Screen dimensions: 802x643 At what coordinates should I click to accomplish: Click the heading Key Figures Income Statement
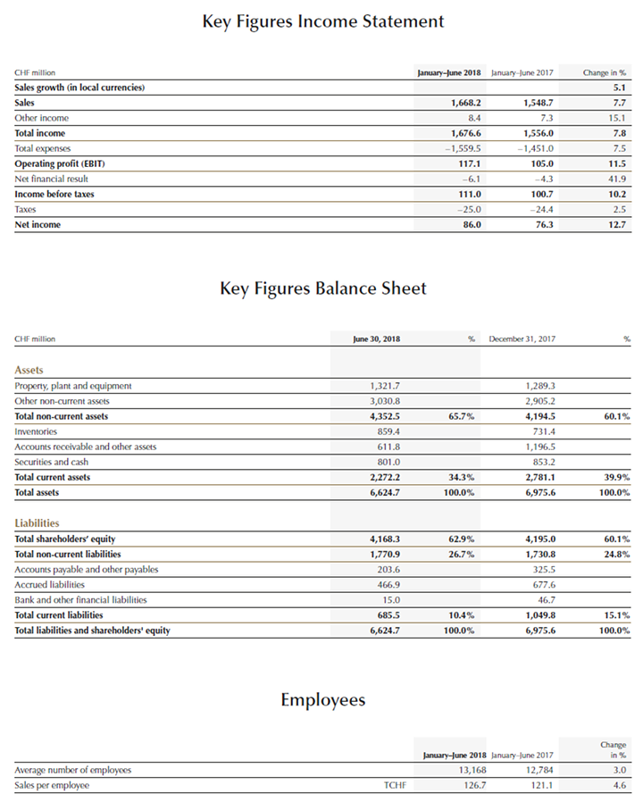pyautogui.click(x=322, y=21)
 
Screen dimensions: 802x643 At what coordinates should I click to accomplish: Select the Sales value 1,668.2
pyautogui.click(x=462, y=103)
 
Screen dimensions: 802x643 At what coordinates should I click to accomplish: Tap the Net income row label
pyautogui.click(x=38, y=224)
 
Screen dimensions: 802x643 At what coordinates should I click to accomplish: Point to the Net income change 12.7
pyautogui.click(x=614, y=224)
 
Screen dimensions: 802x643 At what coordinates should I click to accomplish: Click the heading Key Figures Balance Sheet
pyautogui.click(x=322, y=288)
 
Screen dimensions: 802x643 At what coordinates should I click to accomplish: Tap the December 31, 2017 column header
pyautogui.click(x=522, y=339)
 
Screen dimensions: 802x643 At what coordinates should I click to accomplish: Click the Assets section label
pyautogui.click(x=29, y=370)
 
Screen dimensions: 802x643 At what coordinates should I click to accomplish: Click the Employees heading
pyautogui.click(x=322, y=699)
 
